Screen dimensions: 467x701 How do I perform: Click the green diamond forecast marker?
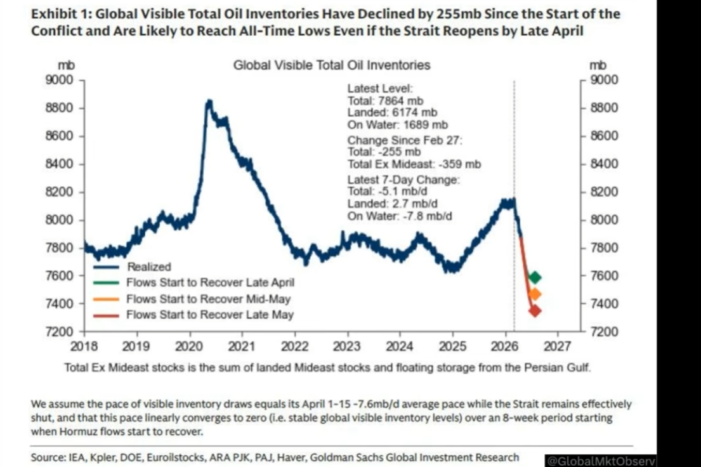point(535,277)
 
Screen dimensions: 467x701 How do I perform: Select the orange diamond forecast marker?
point(535,294)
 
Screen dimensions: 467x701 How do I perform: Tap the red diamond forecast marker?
point(535,311)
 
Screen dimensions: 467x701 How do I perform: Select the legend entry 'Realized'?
point(149,266)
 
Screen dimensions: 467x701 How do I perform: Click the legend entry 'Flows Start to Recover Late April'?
point(210,283)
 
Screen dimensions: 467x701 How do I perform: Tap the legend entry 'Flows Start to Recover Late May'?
point(210,315)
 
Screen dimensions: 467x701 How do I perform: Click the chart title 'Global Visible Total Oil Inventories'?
point(332,65)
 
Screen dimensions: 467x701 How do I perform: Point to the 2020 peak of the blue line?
point(209,101)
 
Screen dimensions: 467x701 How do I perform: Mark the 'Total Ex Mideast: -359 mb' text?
point(414,164)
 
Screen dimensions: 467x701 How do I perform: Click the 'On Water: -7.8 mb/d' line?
point(400,216)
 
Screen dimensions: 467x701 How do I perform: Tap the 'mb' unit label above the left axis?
point(66,65)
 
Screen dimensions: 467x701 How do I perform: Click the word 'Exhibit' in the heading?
point(52,14)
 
